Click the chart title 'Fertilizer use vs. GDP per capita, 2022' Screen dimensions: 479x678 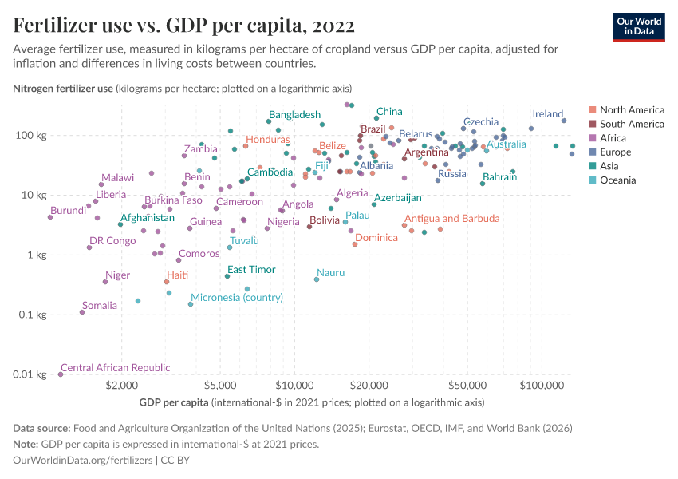(x=184, y=26)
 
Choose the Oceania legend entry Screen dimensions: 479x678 (x=619, y=180)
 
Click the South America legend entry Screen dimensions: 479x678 (x=631, y=124)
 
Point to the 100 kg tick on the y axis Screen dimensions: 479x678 (x=34, y=135)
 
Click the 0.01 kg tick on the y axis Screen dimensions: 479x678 (x=33, y=374)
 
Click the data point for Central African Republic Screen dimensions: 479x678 (x=61, y=374)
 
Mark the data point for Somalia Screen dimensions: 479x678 (x=82, y=312)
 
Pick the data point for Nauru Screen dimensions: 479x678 (x=317, y=279)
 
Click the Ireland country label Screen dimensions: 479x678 (x=548, y=114)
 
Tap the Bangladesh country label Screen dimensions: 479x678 (x=294, y=115)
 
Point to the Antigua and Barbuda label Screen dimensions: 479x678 (x=451, y=218)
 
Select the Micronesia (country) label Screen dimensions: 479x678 (x=237, y=297)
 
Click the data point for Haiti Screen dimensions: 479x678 (x=167, y=282)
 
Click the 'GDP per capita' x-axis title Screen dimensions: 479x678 (x=173, y=402)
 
